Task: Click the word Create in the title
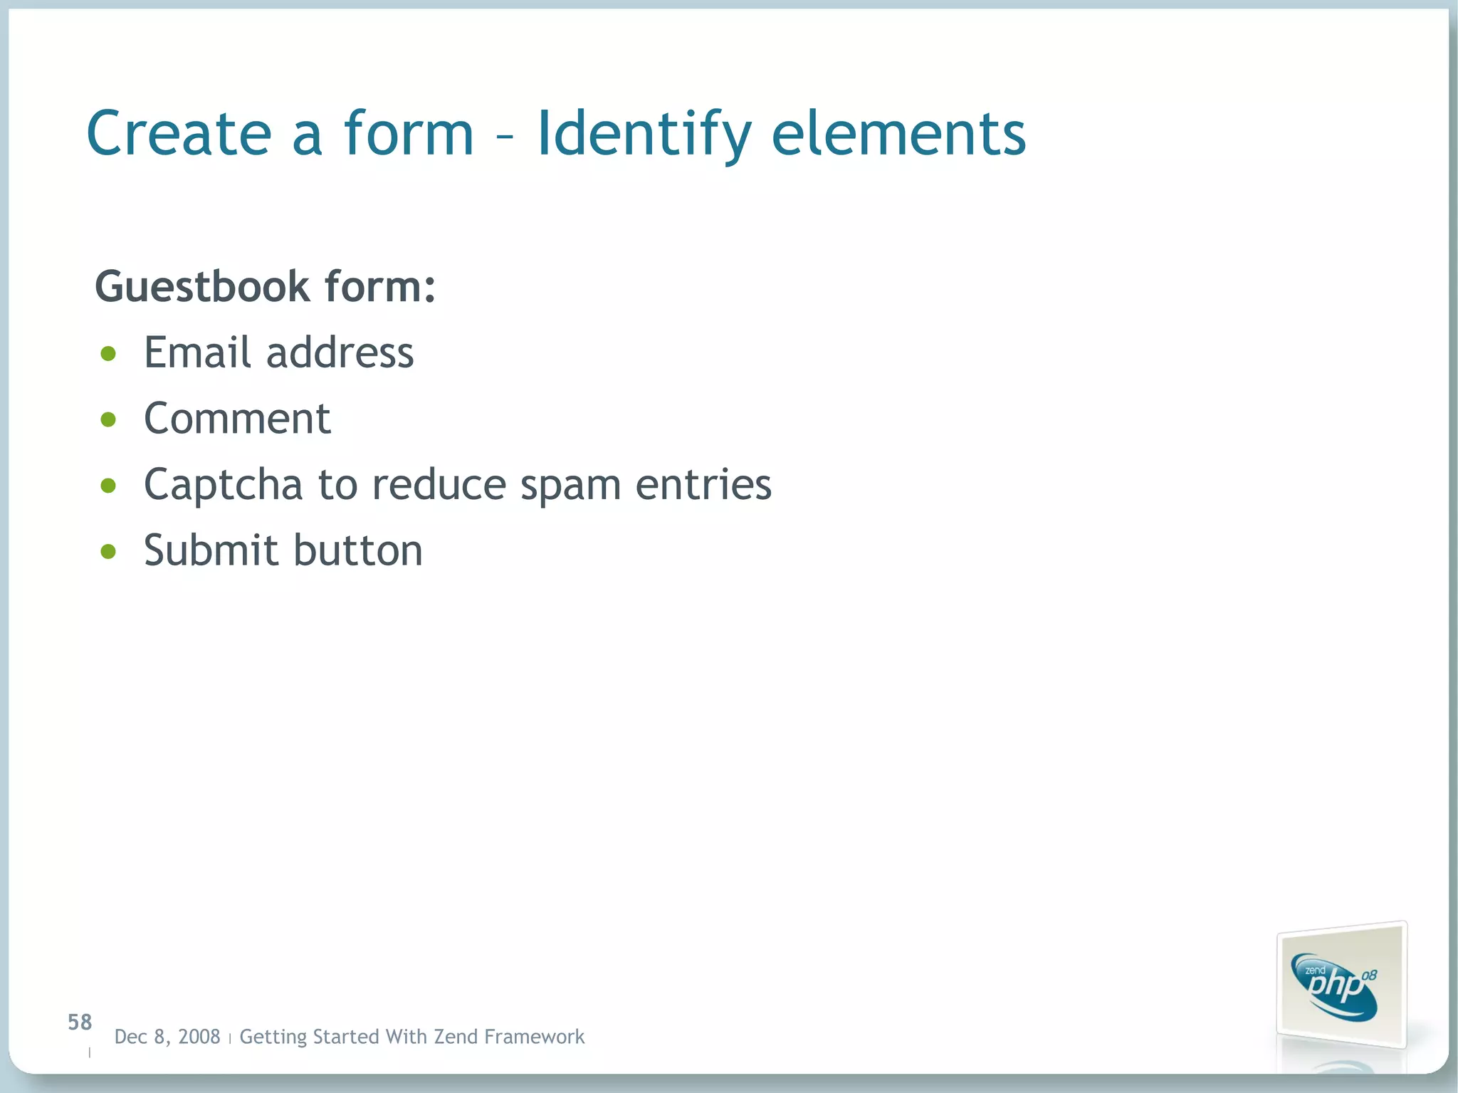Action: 179,133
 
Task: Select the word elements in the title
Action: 898,133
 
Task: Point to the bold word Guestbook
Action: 202,286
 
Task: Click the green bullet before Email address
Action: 108,354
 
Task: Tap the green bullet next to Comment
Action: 108,419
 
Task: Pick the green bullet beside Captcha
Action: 108,486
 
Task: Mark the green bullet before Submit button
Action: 108,551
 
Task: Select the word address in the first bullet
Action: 340,352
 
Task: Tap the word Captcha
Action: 224,486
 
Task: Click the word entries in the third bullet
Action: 703,484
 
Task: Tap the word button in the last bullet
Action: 358,550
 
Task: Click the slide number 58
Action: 80,1023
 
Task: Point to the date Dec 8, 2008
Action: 167,1037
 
